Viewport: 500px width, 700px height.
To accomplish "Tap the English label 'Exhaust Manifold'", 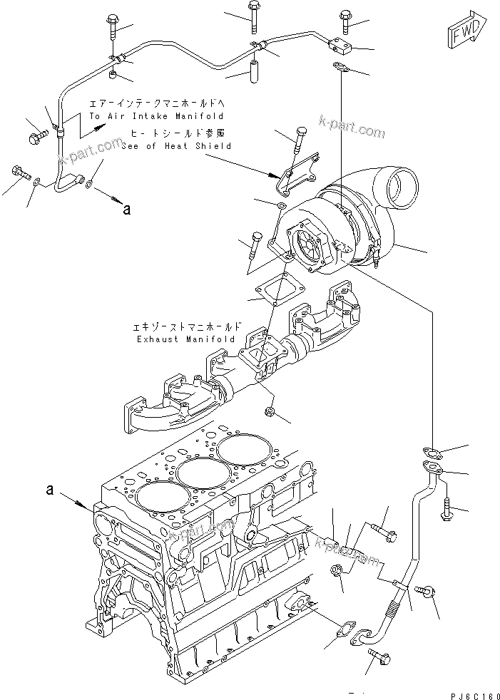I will pos(186,339).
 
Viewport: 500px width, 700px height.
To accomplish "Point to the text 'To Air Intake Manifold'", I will pos(156,115).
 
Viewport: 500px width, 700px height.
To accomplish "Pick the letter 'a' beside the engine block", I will pos(50,490).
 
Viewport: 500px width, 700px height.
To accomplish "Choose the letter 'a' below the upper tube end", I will pos(127,210).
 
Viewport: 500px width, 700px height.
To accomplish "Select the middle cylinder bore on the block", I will pos(199,471).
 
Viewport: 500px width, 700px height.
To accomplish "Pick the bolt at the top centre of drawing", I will pos(255,16).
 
